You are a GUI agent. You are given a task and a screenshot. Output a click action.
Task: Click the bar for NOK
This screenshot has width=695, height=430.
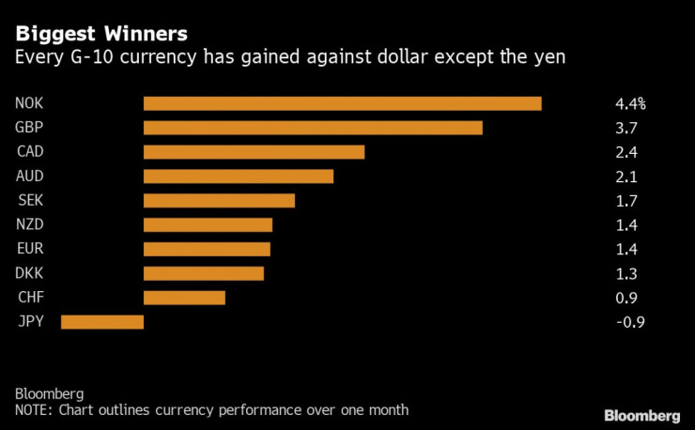point(342,103)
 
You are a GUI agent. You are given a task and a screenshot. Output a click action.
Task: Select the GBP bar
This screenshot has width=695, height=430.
point(313,128)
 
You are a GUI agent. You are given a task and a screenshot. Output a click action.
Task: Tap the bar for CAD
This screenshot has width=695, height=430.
point(254,152)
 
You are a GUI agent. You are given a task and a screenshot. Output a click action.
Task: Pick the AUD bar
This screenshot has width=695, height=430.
point(239,177)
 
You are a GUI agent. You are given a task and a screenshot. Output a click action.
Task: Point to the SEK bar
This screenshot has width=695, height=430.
point(219,201)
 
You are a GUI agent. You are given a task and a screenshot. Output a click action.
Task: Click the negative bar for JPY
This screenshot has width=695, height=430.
point(102,322)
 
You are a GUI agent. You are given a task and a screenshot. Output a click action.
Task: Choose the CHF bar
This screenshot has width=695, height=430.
point(184,298)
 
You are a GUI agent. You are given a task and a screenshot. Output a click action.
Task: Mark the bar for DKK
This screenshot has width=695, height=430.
point(204,273)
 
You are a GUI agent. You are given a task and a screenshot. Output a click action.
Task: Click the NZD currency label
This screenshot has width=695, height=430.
point(30,224)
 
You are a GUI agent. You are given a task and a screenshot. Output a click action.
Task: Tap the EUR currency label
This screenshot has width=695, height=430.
point(30,249)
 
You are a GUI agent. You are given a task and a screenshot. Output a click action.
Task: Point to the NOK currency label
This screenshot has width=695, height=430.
point(30,103)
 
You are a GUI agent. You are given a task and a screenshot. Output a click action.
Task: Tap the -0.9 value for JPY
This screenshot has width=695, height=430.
point(623,322)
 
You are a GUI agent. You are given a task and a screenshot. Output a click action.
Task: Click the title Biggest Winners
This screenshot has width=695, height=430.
point(100,34)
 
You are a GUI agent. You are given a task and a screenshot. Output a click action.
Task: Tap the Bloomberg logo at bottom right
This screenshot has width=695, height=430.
point(641,415)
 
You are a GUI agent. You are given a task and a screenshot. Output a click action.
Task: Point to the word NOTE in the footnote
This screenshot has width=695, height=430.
point(34,410)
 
